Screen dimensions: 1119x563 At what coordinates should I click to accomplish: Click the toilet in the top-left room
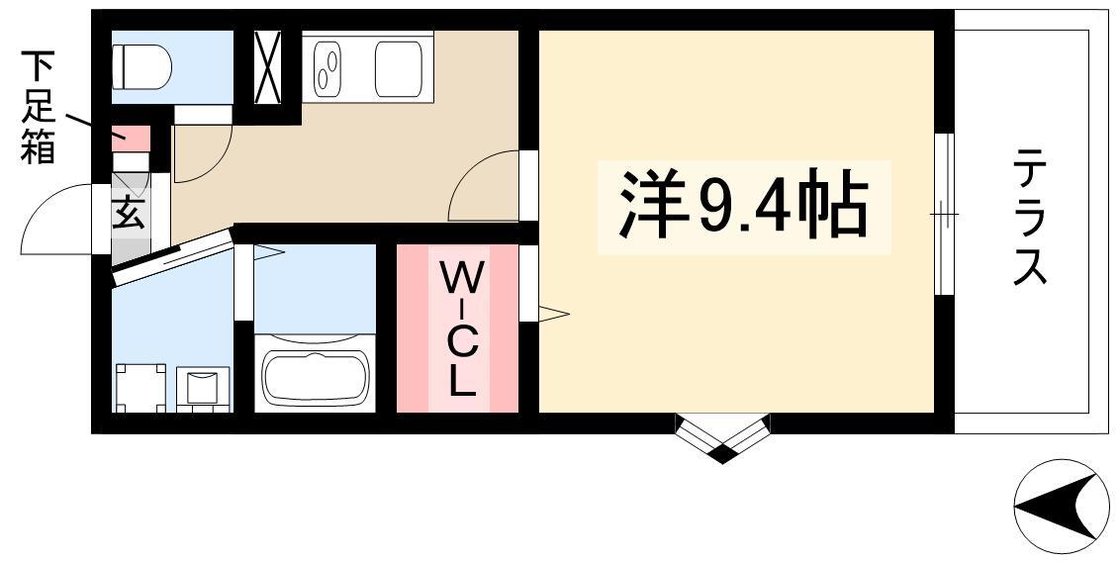[x=142, y=67]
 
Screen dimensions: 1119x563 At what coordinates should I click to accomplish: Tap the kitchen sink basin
[x=398, y=68]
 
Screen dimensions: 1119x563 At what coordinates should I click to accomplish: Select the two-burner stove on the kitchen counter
[x=329, y=68]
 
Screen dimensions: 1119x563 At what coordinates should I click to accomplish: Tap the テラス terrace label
[x=1030, y=217]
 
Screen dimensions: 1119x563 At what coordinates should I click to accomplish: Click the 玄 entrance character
[x=129, y=213]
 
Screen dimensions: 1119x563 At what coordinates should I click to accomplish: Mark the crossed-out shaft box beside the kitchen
[x=268, y=67]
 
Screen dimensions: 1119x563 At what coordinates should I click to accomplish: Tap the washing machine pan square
[x=140, y=388]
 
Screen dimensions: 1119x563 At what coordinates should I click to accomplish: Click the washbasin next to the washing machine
[x=203, y=389]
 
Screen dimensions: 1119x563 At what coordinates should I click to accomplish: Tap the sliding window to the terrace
[x=944, y=214]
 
